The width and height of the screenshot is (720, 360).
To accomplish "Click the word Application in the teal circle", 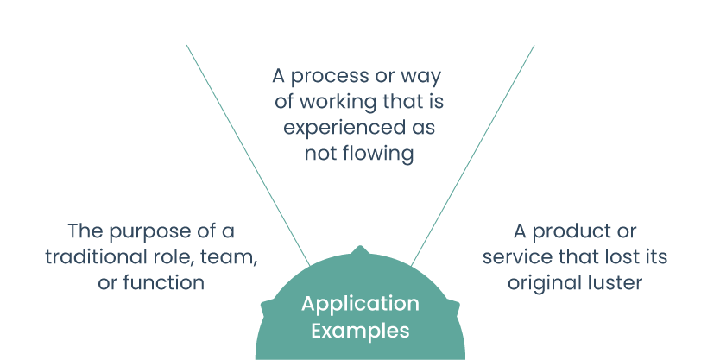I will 360,305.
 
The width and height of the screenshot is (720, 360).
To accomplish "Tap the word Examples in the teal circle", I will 360,330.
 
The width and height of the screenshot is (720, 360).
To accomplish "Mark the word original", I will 540,282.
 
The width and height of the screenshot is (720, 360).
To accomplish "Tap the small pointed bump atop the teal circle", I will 360,250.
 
